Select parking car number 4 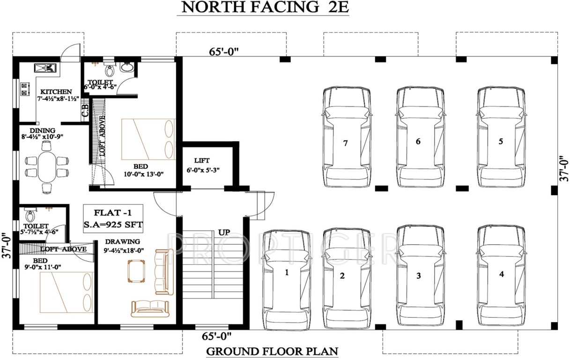[502, 274]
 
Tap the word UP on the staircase [223, 232]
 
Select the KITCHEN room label [56, 91]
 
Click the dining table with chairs [46, 166]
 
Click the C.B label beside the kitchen [85, 112]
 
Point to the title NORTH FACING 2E [262, 7]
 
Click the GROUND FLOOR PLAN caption [272, 351]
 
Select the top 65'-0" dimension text [224, 52]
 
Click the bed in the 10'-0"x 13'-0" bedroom [148, 139]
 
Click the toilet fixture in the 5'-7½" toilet [30, 216]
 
